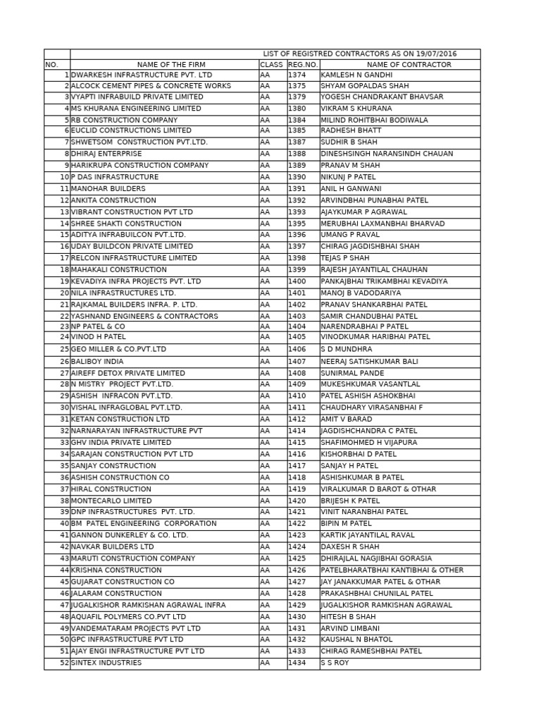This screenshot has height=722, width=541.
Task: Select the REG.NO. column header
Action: (x=303, y=65)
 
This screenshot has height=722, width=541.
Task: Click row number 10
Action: (x=64, y=177)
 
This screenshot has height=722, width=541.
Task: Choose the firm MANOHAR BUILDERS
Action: (x=108, y=189)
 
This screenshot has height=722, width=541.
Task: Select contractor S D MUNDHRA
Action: (x=347, y=349)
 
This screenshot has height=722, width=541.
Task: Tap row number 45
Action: (x=64, y=582)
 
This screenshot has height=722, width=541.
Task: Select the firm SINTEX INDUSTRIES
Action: (x=106, y=663)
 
